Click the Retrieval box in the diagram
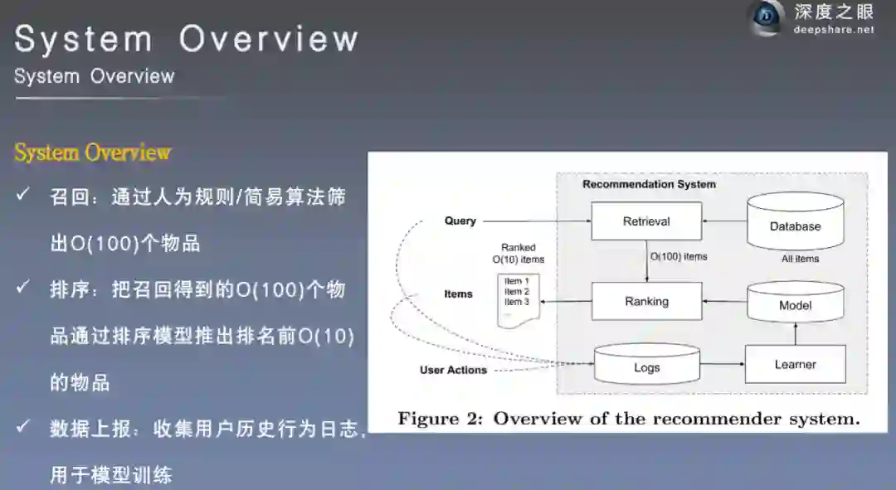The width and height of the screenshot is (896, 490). pyautogui.click(x=646, y=221)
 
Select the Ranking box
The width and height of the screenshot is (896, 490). pyautogui.click(x=646, y=301)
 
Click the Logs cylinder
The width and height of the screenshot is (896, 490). pyautogui.click(x=647, y=366)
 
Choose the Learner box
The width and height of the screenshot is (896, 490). pyautogui.click(x=795, y=364)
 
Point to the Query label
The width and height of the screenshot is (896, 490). pyautogui.click(x=460, y=221)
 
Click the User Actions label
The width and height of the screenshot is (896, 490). pyautogui.click(x=453, y=370)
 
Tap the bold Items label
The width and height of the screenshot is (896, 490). pyautogui.click(x=458, y=294)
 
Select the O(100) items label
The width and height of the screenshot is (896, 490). pyautogui.click(x=679, y=257)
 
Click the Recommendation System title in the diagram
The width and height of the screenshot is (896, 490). pyautogui.click(x=649, y=184)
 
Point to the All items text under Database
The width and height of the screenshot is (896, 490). pyautogui.click(x=800, y=259)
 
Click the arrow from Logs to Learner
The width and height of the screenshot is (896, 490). pyautogui.click(x=722, y=364)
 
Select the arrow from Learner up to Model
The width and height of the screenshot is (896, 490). pyautogui.click(x=795, y=333)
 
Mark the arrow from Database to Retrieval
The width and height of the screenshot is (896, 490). pyautogui.click(x=724, y=221)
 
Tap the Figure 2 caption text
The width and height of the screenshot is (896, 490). pyautogui.click(x=628, y=418)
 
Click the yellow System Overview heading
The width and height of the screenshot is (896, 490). pyautogui.click(x=92, y=153)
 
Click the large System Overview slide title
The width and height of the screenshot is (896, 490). pyautogui.click(x=187, y=39)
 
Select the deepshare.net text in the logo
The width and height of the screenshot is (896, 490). pyautogui.click(x=833, y=30)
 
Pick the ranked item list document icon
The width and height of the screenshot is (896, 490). pyautogui.click(x=519, y=297)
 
